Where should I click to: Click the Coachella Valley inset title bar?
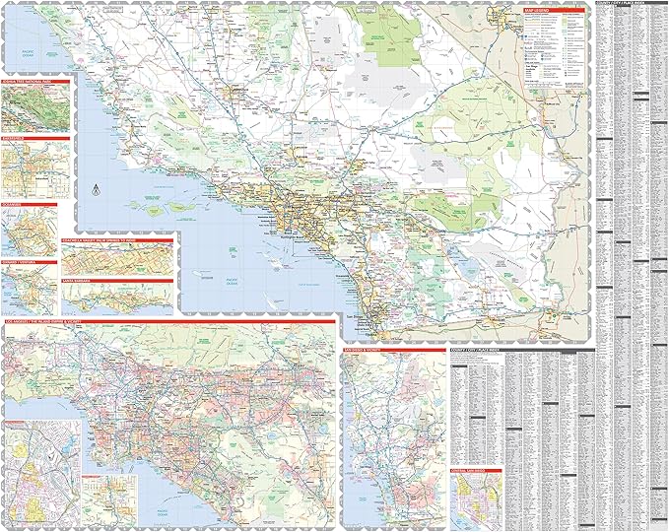tap(116, 236)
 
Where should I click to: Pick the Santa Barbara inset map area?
tap(116, 299)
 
